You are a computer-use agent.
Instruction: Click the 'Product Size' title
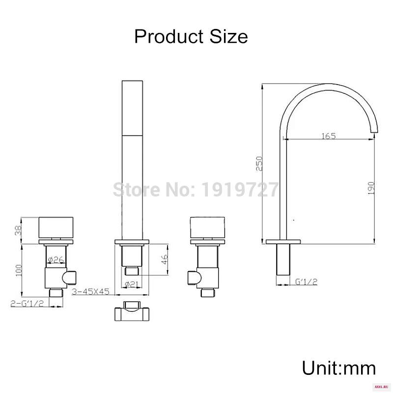click(191, 37)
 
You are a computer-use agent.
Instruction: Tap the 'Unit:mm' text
click(339, 368)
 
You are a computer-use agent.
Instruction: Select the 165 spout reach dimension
click(329, 136)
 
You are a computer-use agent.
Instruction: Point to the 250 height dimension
click(259, 164)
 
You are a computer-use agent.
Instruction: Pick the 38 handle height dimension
click(19, 229)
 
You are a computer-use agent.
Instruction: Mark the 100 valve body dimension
click(19, 270)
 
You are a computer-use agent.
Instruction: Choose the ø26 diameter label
click(56, 260)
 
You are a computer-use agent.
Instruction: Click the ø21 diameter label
click(132, 284)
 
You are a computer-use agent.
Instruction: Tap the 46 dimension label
click(165, 259)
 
